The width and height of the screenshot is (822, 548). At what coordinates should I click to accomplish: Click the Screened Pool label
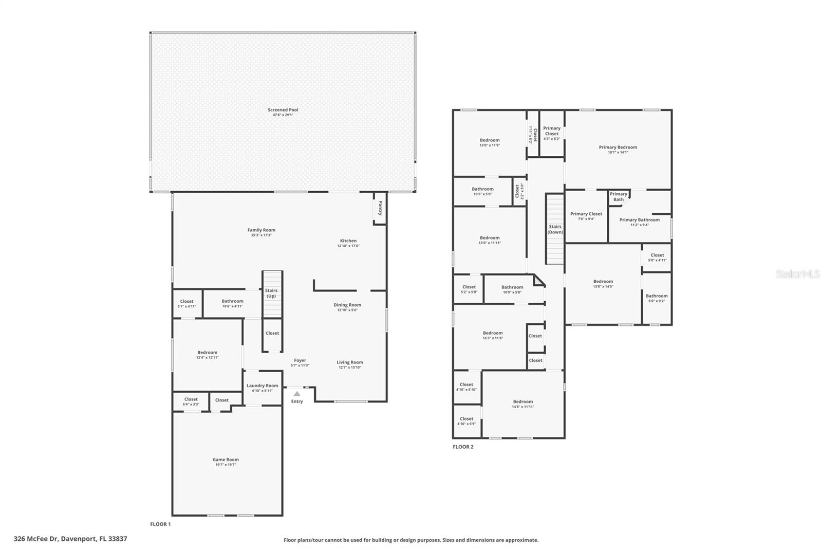coord(283,109)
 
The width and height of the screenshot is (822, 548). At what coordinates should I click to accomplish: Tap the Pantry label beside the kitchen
coord(380,208)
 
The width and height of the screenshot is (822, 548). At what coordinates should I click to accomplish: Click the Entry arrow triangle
coord(297,394)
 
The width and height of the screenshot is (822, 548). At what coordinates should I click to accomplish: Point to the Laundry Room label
coord(262,386)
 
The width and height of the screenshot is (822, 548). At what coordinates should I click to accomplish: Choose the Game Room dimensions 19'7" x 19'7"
coord(226,465)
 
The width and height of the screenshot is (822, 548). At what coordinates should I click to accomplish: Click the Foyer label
coord(300,360)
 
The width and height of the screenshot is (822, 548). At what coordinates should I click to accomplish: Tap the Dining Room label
coord(347,305)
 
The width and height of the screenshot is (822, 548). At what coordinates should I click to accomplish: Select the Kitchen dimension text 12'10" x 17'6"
coord(348,246)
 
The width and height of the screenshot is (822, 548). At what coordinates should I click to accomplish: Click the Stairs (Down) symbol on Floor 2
coord(555,229)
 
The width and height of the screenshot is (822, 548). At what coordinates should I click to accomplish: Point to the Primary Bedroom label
coord(618,147)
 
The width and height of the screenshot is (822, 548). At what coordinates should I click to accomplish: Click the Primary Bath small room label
coord(619,196)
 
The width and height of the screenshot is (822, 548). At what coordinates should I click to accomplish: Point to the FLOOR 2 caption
coord(463,447)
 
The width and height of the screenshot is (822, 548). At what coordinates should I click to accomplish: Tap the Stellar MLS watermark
coord(797,275)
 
